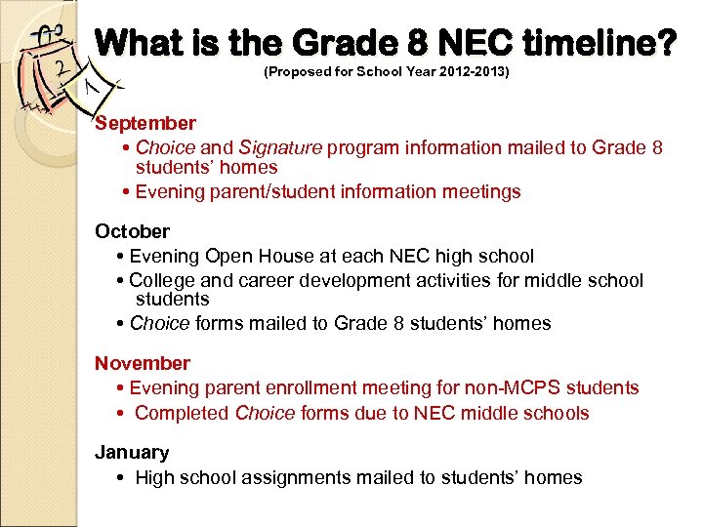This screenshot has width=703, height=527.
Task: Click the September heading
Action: (x=145, y=123)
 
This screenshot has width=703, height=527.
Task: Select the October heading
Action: (x=132, y=231)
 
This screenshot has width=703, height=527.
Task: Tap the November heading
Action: (x=142, y=363)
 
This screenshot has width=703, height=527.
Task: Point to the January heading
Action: (x=131, y=452)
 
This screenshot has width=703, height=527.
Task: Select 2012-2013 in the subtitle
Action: (x=473, y=73)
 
